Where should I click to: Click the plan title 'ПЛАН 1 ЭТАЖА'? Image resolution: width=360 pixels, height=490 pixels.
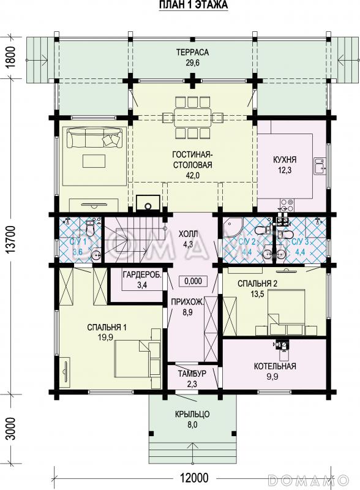click(x=193, y=5)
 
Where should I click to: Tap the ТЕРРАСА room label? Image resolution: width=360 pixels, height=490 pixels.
click(x=192, y=52)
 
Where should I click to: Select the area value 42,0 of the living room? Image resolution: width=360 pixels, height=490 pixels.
click(x=192, y=175)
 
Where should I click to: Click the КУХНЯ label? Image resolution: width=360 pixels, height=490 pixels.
click(x=284, y=160)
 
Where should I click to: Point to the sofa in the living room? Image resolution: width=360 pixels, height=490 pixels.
click(x=94, y=139)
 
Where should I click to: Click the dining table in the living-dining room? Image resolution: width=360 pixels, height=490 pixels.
click(x=192, y=117)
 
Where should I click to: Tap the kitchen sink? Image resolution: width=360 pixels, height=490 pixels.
click(x=320, y=165)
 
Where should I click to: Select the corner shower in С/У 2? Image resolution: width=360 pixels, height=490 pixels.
click(x=232, y=227)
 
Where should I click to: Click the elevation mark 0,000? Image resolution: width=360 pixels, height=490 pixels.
click(x=193, y=281)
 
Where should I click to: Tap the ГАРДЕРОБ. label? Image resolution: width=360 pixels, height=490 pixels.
click(x=142, y=275)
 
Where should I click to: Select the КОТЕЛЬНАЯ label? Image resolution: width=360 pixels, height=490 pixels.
click(x=275, y=366)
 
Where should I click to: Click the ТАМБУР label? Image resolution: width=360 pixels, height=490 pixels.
click(x=192, y=374)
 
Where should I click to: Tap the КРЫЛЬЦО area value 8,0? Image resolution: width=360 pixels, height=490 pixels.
click(x=192, y=424)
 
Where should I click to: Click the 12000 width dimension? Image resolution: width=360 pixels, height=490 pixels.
click(x=193, y=478)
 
